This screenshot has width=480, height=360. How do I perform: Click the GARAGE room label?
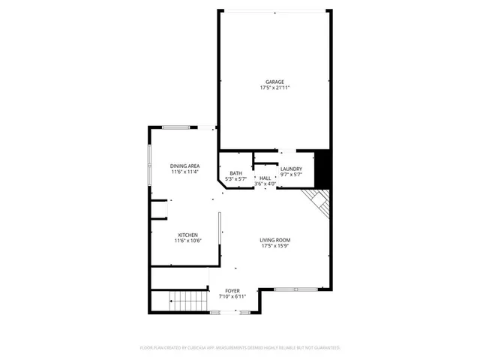click(x=274, y=82)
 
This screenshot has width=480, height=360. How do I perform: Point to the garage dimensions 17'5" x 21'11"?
click(x=274, y=88)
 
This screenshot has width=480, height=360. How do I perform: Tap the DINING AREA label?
click(x=184, y=166)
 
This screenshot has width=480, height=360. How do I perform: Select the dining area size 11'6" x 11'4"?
click(x=184, y=172)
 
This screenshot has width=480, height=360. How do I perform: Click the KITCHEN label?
click(x=187, y=235)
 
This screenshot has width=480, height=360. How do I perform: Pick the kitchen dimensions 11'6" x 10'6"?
click(x=187, y=241)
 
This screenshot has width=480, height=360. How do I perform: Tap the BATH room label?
click(x=236, y=173)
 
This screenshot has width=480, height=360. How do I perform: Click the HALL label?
click(x=265, y=178)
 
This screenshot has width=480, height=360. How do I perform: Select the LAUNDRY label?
click(x=291, y=169)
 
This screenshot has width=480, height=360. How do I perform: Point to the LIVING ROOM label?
click(x=275, y=239)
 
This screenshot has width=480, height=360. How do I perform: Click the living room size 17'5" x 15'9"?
click(x=275, y=245)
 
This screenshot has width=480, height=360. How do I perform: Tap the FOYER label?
click(x=233, y=290)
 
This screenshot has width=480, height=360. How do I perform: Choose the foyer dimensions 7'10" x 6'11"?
click(x=233, y=296)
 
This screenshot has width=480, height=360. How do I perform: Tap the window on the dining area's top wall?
click(x=180, y=127)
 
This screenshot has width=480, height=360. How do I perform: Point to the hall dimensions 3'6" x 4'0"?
click(x=265, y=184)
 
